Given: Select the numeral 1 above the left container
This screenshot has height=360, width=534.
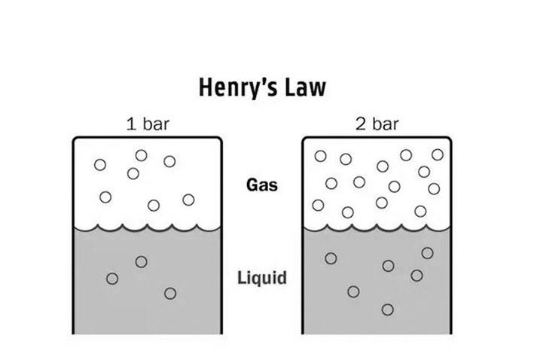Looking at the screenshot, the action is click(131, 124).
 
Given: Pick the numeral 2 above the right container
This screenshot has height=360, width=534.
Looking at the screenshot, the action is click(361, 124).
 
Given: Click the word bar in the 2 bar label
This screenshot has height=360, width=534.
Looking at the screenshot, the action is click(386, 124).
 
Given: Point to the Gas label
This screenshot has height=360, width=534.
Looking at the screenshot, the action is click(262, 185).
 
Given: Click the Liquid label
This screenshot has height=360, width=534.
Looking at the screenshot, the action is click(262, 278).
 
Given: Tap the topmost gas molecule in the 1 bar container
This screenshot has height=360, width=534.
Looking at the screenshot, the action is click(141, 155).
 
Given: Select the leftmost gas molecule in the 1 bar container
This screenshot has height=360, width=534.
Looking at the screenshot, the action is click(99, 165).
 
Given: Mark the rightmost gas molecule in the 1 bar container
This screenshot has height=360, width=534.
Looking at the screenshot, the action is click(188, 200).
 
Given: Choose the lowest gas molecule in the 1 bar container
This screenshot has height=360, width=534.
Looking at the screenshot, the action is click(154, 206).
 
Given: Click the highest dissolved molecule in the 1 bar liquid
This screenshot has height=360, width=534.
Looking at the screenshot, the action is click(141, 262).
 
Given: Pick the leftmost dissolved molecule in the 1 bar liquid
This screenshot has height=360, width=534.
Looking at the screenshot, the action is click(112, 279).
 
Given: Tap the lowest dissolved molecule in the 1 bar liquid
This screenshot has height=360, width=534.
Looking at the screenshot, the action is click(170, 293).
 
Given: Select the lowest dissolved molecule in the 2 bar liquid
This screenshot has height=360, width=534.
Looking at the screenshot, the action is click(388, 310).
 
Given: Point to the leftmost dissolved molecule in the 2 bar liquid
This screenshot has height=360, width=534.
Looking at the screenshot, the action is click(331, 258).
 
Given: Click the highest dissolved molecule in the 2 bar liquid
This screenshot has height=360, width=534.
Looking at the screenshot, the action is click(427, 253).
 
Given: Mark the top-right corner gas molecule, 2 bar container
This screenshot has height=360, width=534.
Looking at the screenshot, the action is click(438, 154).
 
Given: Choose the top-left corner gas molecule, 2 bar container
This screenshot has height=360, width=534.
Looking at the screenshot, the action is click(320, 156).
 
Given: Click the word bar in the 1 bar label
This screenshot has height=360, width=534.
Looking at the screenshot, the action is click(156, 124).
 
